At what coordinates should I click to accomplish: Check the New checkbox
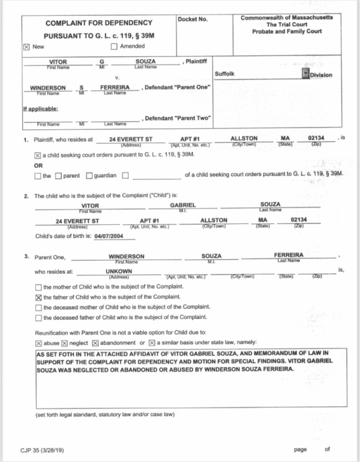pyautogui.click(x=26, y=46)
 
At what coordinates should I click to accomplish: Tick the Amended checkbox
pyautogui.click(x=114, y=46)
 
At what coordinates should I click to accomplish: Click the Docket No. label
pyautogui.click(x=193, y=19)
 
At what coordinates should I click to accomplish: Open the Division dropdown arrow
pyautogui.click(x=305, y=74)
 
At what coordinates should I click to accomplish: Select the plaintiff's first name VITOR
pyautogui.click(x=59, y=62)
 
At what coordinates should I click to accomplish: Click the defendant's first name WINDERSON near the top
pyautogui.click(x=48, y=88)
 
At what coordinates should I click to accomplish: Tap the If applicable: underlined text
pyautogui.click(x=40, y=109)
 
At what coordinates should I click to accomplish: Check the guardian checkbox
pyautogui.click(x=89, y=176)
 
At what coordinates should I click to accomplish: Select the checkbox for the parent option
pyautogui.click(x=58, y=176)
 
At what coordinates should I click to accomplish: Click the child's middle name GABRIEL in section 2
pyautogui.click(x=183, y=205)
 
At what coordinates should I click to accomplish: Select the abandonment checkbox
pyautogui.click(x=95, y=342)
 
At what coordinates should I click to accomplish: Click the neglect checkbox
pyautogui.click(x=64, y=342)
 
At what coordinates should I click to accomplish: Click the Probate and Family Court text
pyautogui.click(x=287, y=32)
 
